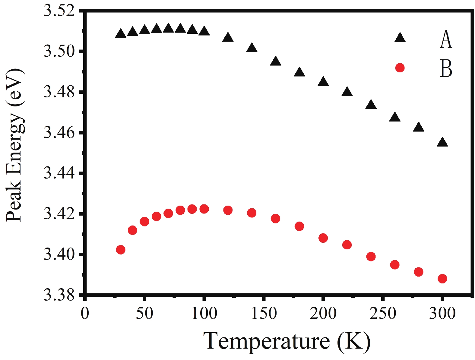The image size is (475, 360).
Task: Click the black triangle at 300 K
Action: (442, 143)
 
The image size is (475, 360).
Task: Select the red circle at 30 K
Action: (121, 250)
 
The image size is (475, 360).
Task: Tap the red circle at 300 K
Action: (442, 279)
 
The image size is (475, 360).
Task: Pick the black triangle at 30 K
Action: (121, 34)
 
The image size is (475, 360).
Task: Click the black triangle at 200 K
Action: (323, 82)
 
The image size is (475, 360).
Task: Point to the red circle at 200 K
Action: (323, 238)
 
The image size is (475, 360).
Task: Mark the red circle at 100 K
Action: (204, 209)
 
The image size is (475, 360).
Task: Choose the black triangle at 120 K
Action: (228, 38)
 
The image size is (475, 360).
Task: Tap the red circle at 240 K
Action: (371, 257)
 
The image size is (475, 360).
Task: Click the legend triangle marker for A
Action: (400, 38)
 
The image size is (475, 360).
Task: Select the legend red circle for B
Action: (400, 68)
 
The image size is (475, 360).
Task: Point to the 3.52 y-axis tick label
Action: (59, 11)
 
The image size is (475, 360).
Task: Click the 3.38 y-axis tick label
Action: (59, 295)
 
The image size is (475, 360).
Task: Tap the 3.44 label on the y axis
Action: (59, 173)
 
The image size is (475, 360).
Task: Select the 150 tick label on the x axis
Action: (264, 314)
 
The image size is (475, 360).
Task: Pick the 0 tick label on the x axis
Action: (85, 314)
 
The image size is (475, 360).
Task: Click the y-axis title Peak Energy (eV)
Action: (14, 145)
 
